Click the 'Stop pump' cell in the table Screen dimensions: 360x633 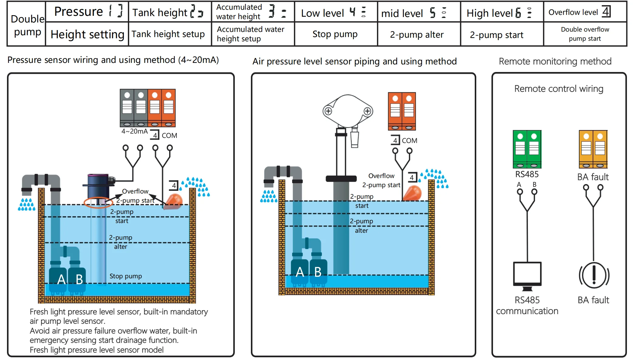pos(335,34)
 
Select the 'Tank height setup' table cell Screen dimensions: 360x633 pos(168,34)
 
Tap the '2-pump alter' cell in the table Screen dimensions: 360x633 pos(417,35)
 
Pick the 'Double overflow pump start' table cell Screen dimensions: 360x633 pos(585,34)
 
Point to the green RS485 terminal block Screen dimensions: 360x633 pos(527,149)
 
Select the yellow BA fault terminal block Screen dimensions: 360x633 pos(593,149)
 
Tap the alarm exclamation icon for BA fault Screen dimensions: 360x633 pos(594,275)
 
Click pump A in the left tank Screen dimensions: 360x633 pos(58,279)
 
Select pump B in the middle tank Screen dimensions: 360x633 pos(318,272)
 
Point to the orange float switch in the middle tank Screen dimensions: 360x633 pos(412,193)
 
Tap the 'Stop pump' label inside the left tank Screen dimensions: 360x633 pos(125,276)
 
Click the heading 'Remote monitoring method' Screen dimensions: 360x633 pos(555,61)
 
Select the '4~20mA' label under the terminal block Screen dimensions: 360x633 pos(134,131)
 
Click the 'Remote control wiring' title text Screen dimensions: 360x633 pos(559,89)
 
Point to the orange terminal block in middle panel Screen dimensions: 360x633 pos(402,111)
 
